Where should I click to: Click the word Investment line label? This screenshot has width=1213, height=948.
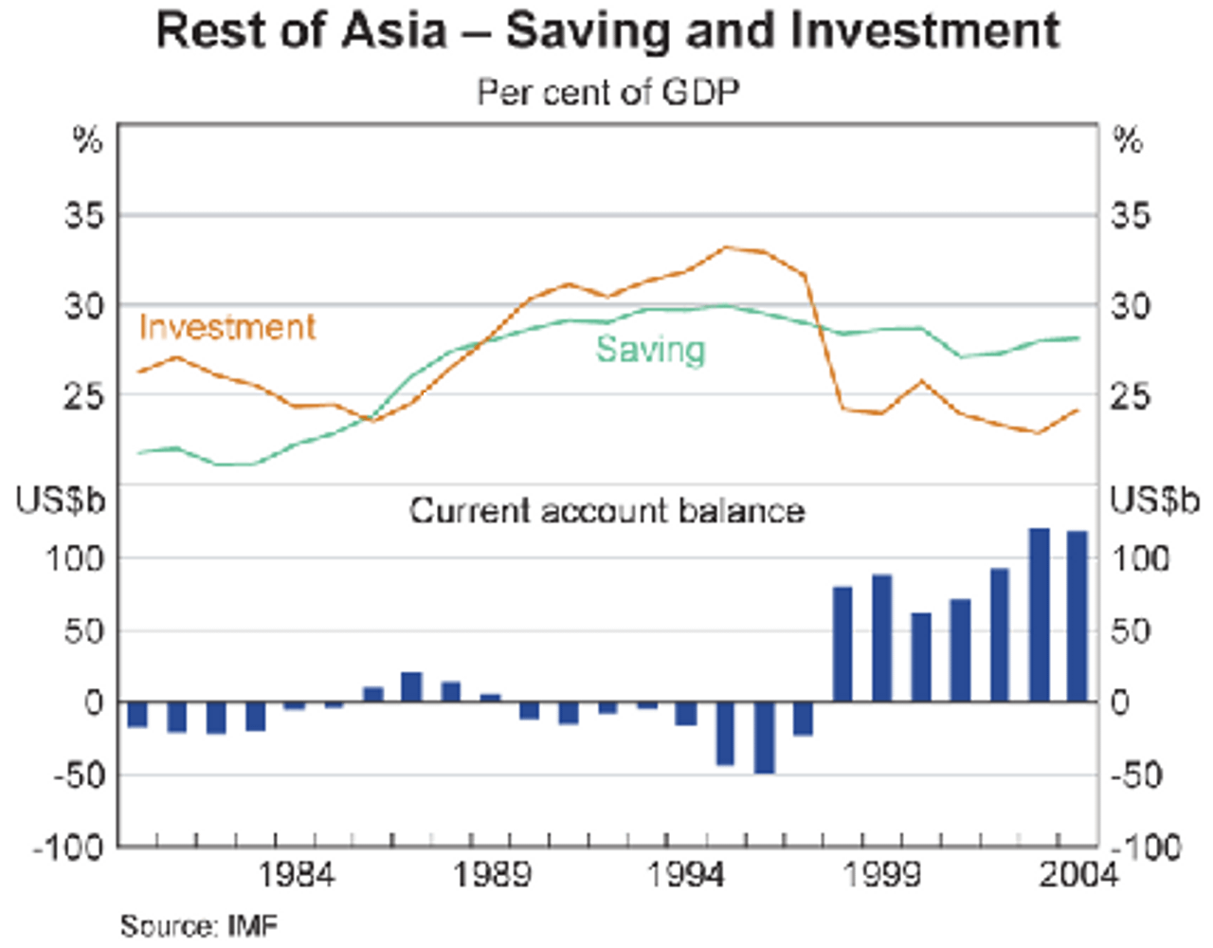(x=226, y=327)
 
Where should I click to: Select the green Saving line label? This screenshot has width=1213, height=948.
(x=650, y=349)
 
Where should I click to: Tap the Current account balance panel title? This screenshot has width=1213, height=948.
(x=606, y=511)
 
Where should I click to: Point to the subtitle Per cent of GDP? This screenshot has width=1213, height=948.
(x=606, y=92)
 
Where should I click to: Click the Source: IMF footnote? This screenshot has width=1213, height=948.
(x=199, y=924)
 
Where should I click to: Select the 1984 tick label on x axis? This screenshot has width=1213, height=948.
(x=297, y=874)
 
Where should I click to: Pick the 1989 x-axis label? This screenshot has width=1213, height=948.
(x=492, y=874)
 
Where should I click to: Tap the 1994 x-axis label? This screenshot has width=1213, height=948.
(x=686, y=874)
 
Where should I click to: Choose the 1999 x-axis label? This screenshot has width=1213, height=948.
(x=881, y=874)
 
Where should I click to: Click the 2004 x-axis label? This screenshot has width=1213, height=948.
(x=1077, y=874)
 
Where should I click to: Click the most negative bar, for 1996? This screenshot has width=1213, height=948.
(x=765, y=738)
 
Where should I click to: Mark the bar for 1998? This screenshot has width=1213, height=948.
(x=842, y=645)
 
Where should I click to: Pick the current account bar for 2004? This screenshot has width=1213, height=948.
(x=1077, y=616)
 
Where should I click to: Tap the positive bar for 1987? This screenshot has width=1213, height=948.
(x=411, y=687)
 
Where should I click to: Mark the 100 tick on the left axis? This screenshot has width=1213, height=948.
(x=74, y=558)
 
